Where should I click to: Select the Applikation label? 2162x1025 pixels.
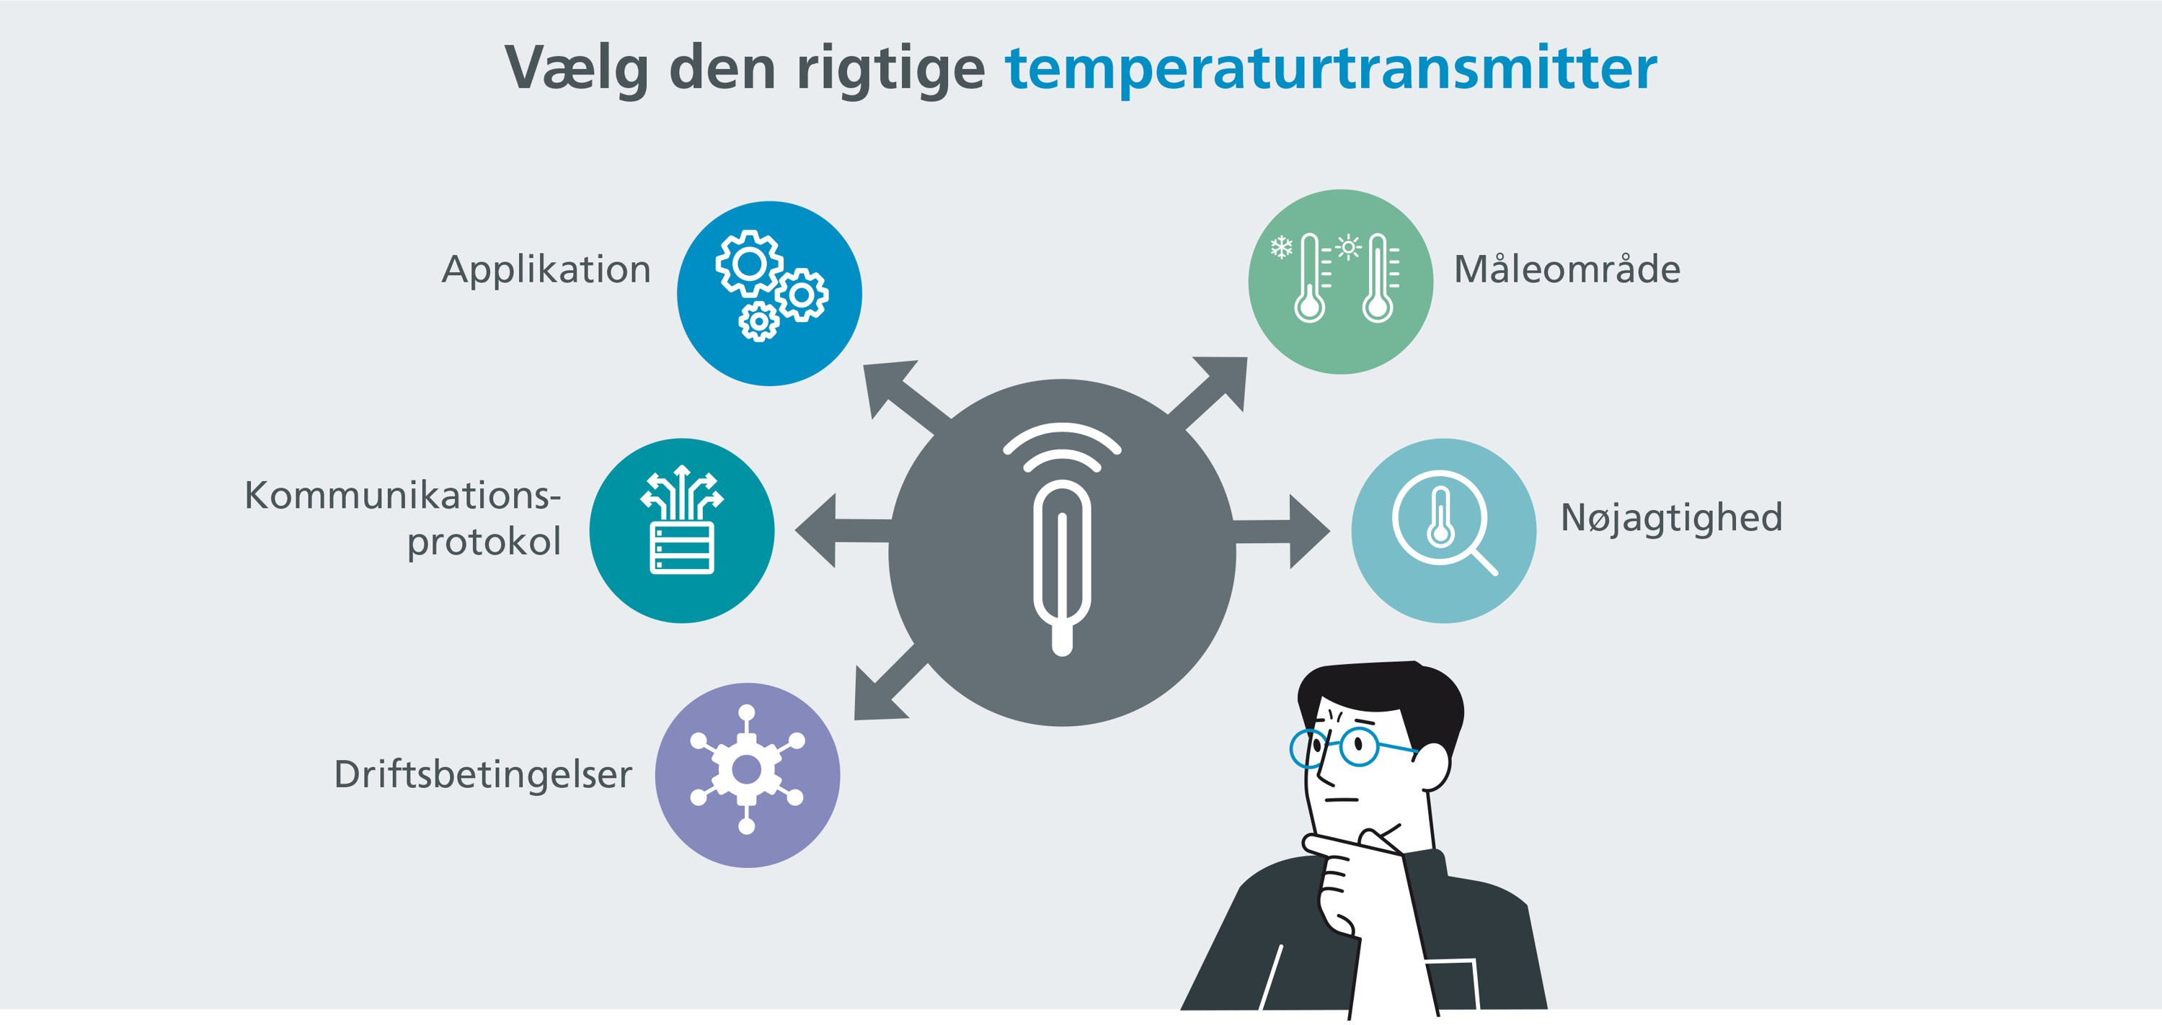tap(546, 269)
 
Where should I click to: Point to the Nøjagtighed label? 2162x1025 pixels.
tap(1671, 517)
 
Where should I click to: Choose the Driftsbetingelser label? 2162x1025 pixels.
tap(482, 774)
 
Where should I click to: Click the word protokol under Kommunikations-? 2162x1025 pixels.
tap(484, 541)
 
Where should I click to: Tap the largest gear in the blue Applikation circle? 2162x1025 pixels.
tap(748, 264)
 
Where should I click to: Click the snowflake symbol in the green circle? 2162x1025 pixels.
tap(1281, 248)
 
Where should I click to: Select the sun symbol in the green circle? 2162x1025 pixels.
tap(1348, 248)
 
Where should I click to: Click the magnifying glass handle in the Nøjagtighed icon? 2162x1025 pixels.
tap(1483, 562)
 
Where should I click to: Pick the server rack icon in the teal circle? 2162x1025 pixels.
tap(681, 547)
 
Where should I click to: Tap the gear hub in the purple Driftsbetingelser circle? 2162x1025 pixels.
tap(746, 769)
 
